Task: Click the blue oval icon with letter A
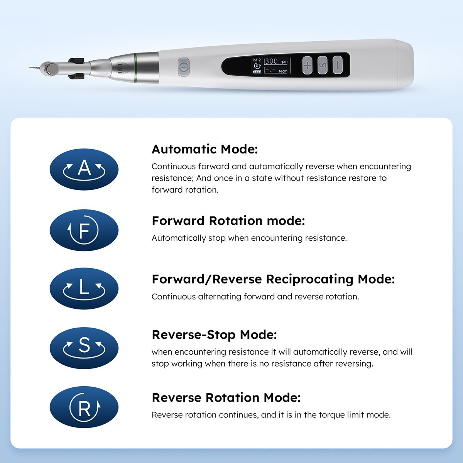pyautogui.click(x=84, y=169)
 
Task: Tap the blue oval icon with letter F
pyautogui.click(x=84, y=230)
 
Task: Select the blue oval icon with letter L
pyautogui.click(x=84, y=289)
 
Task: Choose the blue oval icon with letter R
pyautogui.click(x=84, y=407)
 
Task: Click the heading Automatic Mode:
pyautogui.click(x=204, y=149)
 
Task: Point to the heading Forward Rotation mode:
pyautogui.click(x=228, y=221)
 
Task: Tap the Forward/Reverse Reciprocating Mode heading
pyautogui.click(x=273, y=279)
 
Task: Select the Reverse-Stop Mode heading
pyautogui.click(x=214, y=335)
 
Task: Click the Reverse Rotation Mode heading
pyautogui.click(x=226, y=397)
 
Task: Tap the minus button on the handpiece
pyautogui.click(x=338, y=65)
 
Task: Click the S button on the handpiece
pyautogui.click(x=323, y=65)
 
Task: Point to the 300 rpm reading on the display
pyautogui.click(x=276, y=61)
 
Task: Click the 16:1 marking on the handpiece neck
pyautogui.click(x=120, y=68)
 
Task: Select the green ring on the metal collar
pyautogui.click(x=135, y=68)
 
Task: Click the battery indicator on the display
pyautogui.click(x=257, y=72)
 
